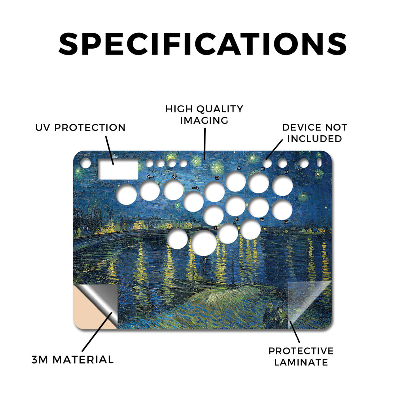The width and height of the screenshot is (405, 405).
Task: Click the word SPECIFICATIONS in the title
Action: [202, 44]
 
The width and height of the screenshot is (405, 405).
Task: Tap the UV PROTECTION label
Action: [80, 128]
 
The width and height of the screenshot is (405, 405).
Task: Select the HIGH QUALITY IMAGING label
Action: [204, 115]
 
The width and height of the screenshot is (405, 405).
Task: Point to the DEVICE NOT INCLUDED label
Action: [314, 133]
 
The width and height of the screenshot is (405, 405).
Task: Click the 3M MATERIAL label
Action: [73, 360]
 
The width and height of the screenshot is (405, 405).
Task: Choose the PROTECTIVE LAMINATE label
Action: [301, 357]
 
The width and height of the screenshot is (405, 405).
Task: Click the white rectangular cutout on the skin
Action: [118, 169]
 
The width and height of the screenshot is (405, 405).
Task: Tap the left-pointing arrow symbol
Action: [150, 177]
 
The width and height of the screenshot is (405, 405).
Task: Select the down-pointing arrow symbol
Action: [174, 175]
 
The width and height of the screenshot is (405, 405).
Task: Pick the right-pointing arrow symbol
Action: [195, 188]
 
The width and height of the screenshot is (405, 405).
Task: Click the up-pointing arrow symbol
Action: [205, 260]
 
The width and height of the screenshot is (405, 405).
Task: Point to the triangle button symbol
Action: [239, 168]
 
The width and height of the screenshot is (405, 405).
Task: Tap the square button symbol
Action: [217, 178]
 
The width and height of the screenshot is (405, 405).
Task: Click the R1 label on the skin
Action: [263, 169]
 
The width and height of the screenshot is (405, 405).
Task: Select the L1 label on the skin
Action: [286, 172]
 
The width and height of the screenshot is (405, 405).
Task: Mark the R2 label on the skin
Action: [262, 220]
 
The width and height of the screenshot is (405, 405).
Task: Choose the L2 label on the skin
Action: [286, 222]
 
